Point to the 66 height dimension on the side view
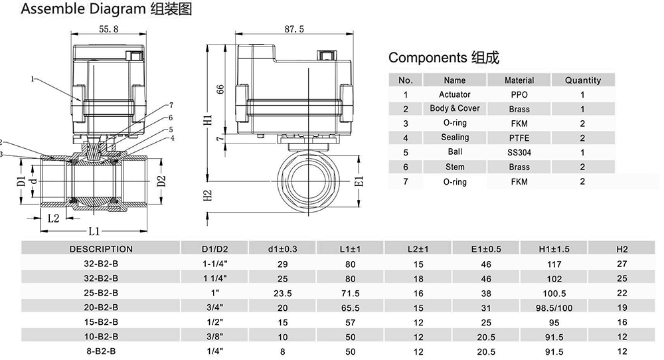pos(221,90)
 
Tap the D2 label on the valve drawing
pos(160,181)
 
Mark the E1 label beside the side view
pos(359,181)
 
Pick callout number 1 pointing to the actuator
pos(32,79)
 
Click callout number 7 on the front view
pos(171,105)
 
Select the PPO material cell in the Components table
pos(519,95)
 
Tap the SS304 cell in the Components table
pos(519,153)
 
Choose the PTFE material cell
pos(519,138)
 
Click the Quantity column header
pos(582,80)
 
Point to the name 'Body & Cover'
pos(454,109)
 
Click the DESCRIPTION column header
pos(101,249)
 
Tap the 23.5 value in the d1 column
pos(282,292)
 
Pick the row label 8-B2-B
pos(101,351)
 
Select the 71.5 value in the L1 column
pos(350,292)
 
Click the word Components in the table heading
pos(427,58)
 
